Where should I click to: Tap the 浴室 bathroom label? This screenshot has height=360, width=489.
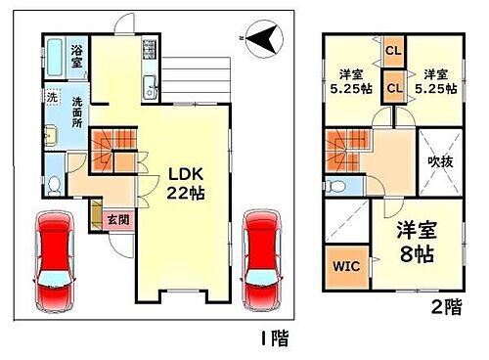click(75, 51)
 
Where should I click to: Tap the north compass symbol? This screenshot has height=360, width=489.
click(262, 39)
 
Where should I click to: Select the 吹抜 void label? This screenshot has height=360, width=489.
click(437, 162)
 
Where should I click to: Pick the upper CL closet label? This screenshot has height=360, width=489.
click(393, 50)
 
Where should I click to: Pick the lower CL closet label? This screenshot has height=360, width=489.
click(393, 88)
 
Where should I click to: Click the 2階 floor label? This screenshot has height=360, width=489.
click(445, 306)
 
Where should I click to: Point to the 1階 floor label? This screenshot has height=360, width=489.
click(273, 339)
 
